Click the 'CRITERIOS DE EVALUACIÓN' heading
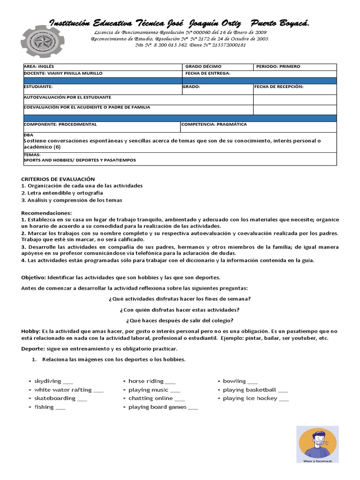click(58, 179)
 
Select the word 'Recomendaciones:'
click(46, 213)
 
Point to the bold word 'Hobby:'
click(31, 331)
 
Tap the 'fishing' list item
click(45, 407)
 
